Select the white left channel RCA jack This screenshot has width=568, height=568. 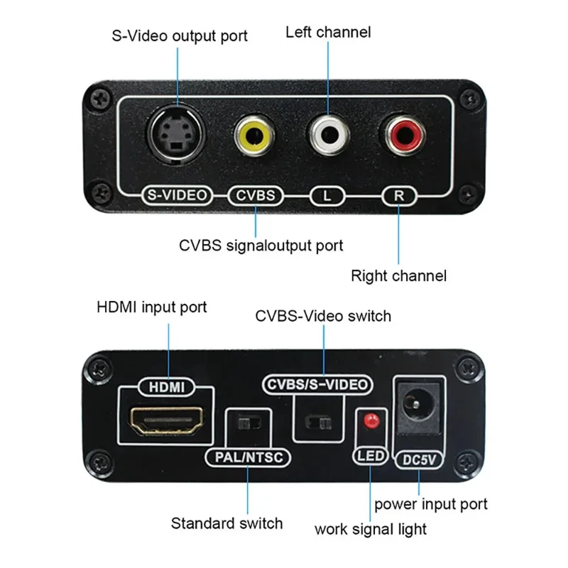tap(329, 134)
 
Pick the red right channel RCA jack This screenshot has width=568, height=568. tap(403, 134)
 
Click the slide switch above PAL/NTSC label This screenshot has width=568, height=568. tap(246, 425)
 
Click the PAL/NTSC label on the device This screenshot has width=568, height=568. tap(247, 457)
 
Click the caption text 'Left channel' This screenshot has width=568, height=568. tap(328, 32)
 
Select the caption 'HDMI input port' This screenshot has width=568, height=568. tap(152, 307)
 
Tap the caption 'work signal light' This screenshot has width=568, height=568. tap(371, 529)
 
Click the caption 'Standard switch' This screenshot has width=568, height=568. tap(226, 523)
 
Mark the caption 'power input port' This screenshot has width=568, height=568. tap(431, 504)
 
